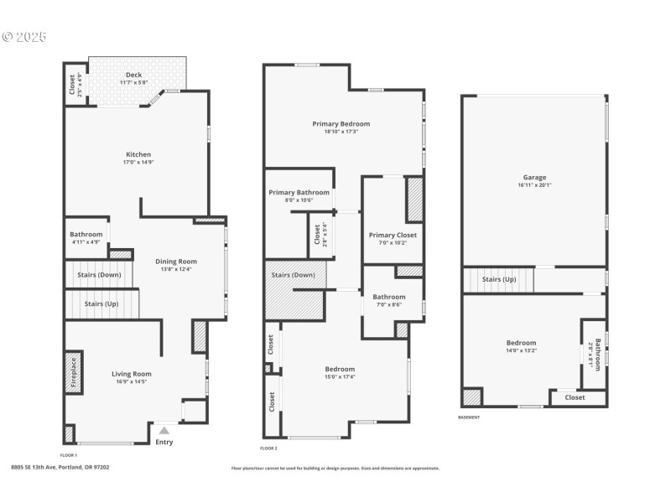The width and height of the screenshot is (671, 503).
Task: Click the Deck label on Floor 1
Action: pyautogui.click(x=133, y=75)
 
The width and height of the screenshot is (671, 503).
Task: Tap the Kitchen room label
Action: pyautogui.click(x=138, y=154)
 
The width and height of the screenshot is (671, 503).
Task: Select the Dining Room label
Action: pyautogui.click(x=176, y=262)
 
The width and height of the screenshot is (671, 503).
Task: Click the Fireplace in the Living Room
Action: pyautogui.click(x=73, y=371)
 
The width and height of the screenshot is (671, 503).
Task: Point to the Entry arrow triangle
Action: pyautogui.click(x=164, y=430)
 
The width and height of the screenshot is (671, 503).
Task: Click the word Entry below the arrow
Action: pyautogui.click(x=164, y=442)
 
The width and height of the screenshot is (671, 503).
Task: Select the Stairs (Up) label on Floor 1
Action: pyautogui.click(x=101, y=303)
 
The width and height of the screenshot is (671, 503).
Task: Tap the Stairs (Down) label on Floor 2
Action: pyautogui.click(x=294, y=275)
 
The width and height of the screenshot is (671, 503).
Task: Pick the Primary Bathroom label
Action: pyautogui.click(x=299, y=193)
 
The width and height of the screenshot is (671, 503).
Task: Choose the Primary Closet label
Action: pyautogui.click(x=393, y=236)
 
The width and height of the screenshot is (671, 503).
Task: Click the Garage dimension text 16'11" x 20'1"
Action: pyautogui.click(x=534, y=185)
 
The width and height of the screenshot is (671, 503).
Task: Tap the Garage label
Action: pyautogui.click(x=534, y=177)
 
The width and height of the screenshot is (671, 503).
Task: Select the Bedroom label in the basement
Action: pyautogui.click(x=521, y=343)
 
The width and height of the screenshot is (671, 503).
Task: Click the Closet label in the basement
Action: pyautogui.click(x=575, y=397)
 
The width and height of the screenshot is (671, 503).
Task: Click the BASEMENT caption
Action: pyautogui.click(x=470, y=417)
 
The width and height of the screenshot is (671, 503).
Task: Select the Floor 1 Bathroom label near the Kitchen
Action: pyautogui.click(x=86, y=235)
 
